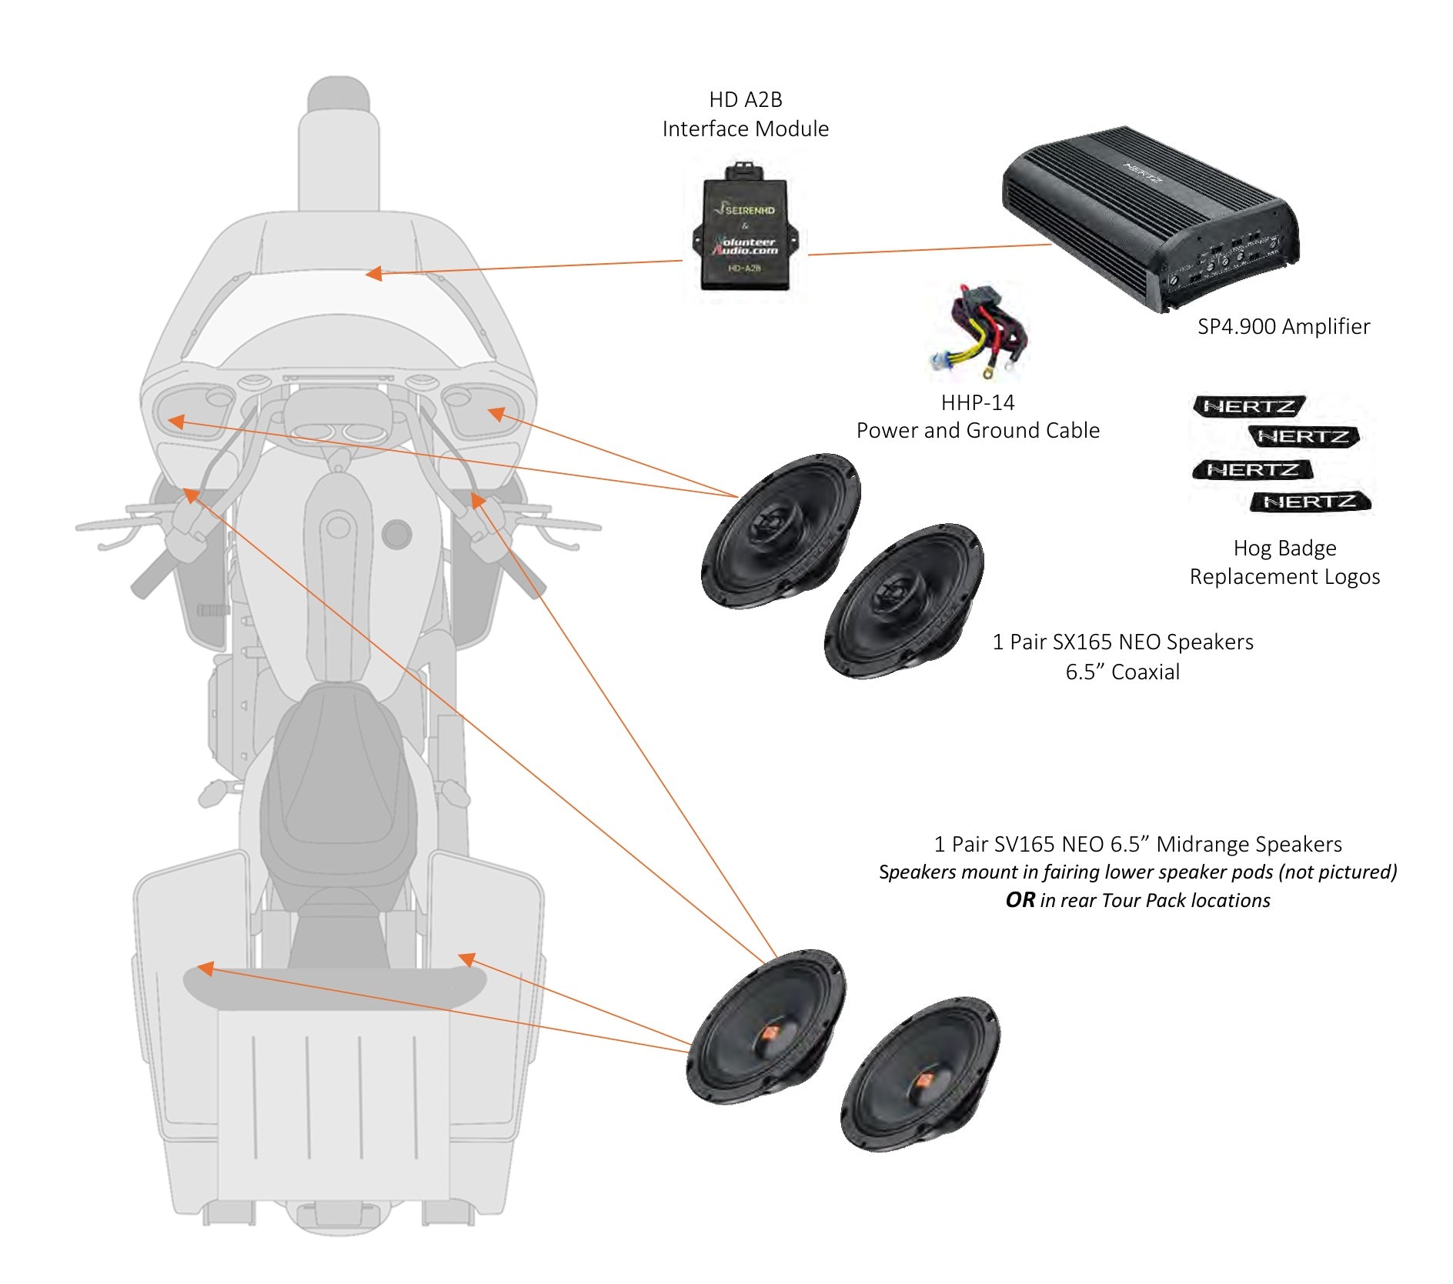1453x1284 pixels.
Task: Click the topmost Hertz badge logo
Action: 1248,405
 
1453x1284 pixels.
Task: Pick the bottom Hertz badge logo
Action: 1310,502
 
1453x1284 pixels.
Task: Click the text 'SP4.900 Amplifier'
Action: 1283,327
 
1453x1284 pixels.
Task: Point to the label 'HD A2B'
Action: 745,100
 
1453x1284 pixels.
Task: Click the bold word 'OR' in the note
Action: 1020,900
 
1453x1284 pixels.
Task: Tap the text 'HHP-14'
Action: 977,402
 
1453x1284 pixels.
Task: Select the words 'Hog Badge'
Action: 1284,548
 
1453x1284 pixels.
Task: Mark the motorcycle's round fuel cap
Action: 396,533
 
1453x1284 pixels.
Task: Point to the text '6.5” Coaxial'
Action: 1122,672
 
